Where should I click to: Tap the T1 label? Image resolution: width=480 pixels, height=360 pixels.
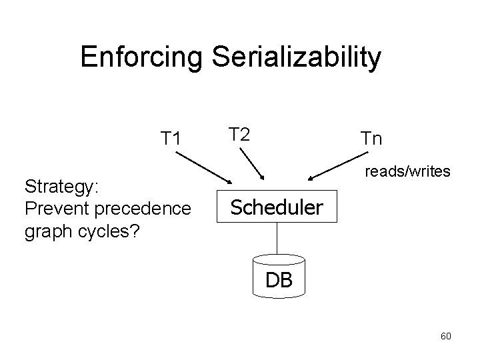click(x=171, y=139)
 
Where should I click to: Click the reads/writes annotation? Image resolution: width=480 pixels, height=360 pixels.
click(x=407, y=172)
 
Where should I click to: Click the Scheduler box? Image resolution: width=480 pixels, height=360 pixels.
click(x=277, y=208)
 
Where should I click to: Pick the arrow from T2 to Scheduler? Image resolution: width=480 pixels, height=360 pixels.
click(x=252, y=163)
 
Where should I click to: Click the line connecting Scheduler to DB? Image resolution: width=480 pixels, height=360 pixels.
click(x=277, y=240)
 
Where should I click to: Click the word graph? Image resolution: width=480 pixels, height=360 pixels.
click(x=45, y=233)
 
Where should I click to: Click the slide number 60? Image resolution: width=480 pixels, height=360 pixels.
click(x=445, y=336)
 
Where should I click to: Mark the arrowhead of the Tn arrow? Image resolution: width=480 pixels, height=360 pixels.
click(x=311, y=179)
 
